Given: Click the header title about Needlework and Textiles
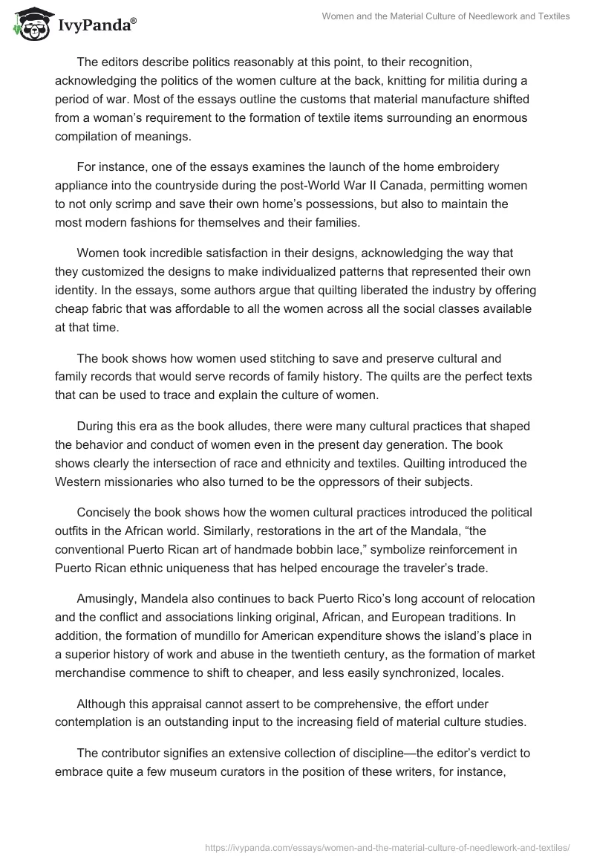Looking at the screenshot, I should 445,16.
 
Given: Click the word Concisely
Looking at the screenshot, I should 105,513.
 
